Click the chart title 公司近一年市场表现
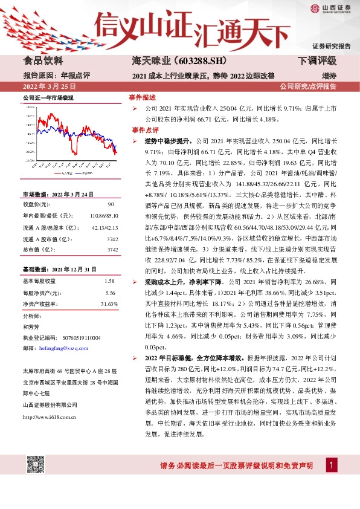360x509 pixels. (48, 97)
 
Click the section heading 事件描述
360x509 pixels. (143, 97)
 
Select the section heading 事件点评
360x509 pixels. (143, 129)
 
